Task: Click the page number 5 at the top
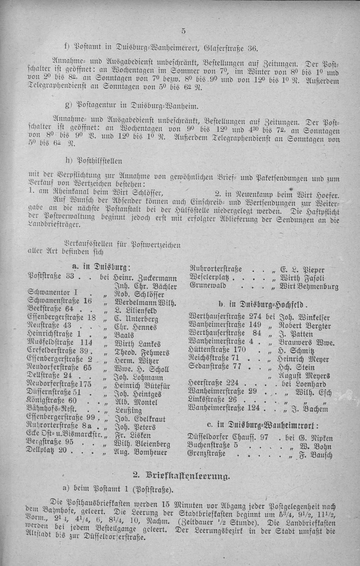click(183, 32)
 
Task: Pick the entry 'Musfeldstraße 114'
click(60, 343)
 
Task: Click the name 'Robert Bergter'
click(304, 326)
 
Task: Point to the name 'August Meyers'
click(303, 377)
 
